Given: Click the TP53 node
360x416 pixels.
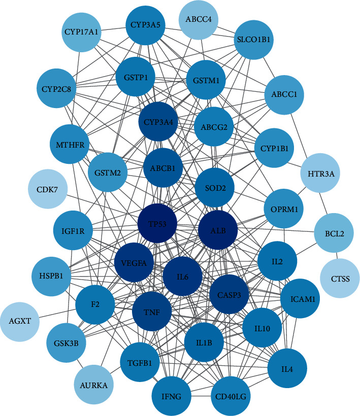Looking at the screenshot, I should (x=158, y=224).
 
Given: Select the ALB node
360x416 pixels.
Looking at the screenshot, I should (x=218, y=231).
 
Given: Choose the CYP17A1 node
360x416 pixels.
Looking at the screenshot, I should (x=81, y=32).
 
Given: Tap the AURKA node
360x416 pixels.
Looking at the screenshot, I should (x=93, y=385).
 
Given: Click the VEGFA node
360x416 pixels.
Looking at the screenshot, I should (x=134, y=263).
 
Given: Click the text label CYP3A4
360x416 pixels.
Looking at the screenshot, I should (x=158, y=122).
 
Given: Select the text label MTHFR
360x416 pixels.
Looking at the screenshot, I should (x=70, y=145).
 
